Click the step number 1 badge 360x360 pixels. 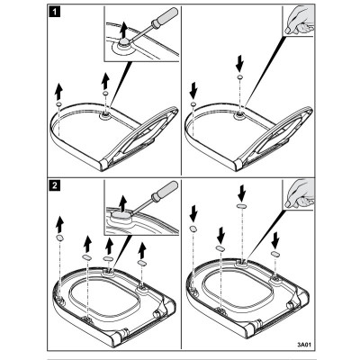click(54, 13)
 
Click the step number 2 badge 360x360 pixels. click(54, 185)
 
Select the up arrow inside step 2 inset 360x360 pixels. click(123, 202)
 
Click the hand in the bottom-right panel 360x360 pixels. click(299, 194)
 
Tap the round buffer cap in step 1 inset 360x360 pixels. click(124, 42)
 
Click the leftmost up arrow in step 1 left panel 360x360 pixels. click(58, 92)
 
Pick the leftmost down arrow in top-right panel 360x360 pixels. click(193, 91)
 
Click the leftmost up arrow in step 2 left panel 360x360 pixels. click(60, 224)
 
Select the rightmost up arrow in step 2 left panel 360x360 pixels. click(142, 250)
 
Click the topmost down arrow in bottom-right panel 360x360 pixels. click(241, 193)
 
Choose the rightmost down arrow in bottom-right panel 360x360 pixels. click(275, 240)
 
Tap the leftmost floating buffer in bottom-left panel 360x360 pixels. click(60, 238)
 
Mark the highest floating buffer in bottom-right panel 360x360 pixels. click(241, 206)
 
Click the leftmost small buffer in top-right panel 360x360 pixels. click(193, 103)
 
